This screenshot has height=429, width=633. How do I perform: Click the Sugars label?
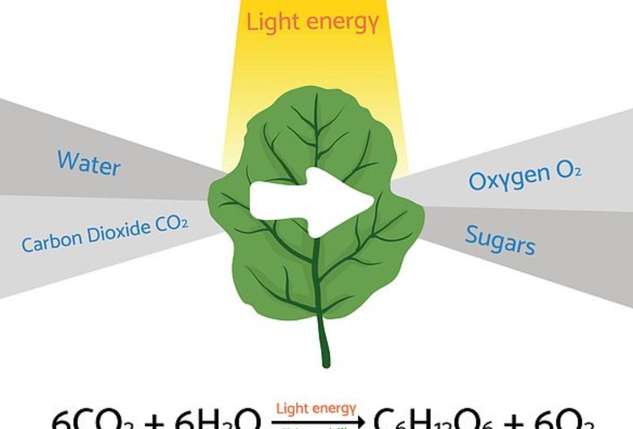click(x=500, y=241)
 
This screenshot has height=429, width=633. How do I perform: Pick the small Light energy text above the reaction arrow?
click(x=316, y=408)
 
